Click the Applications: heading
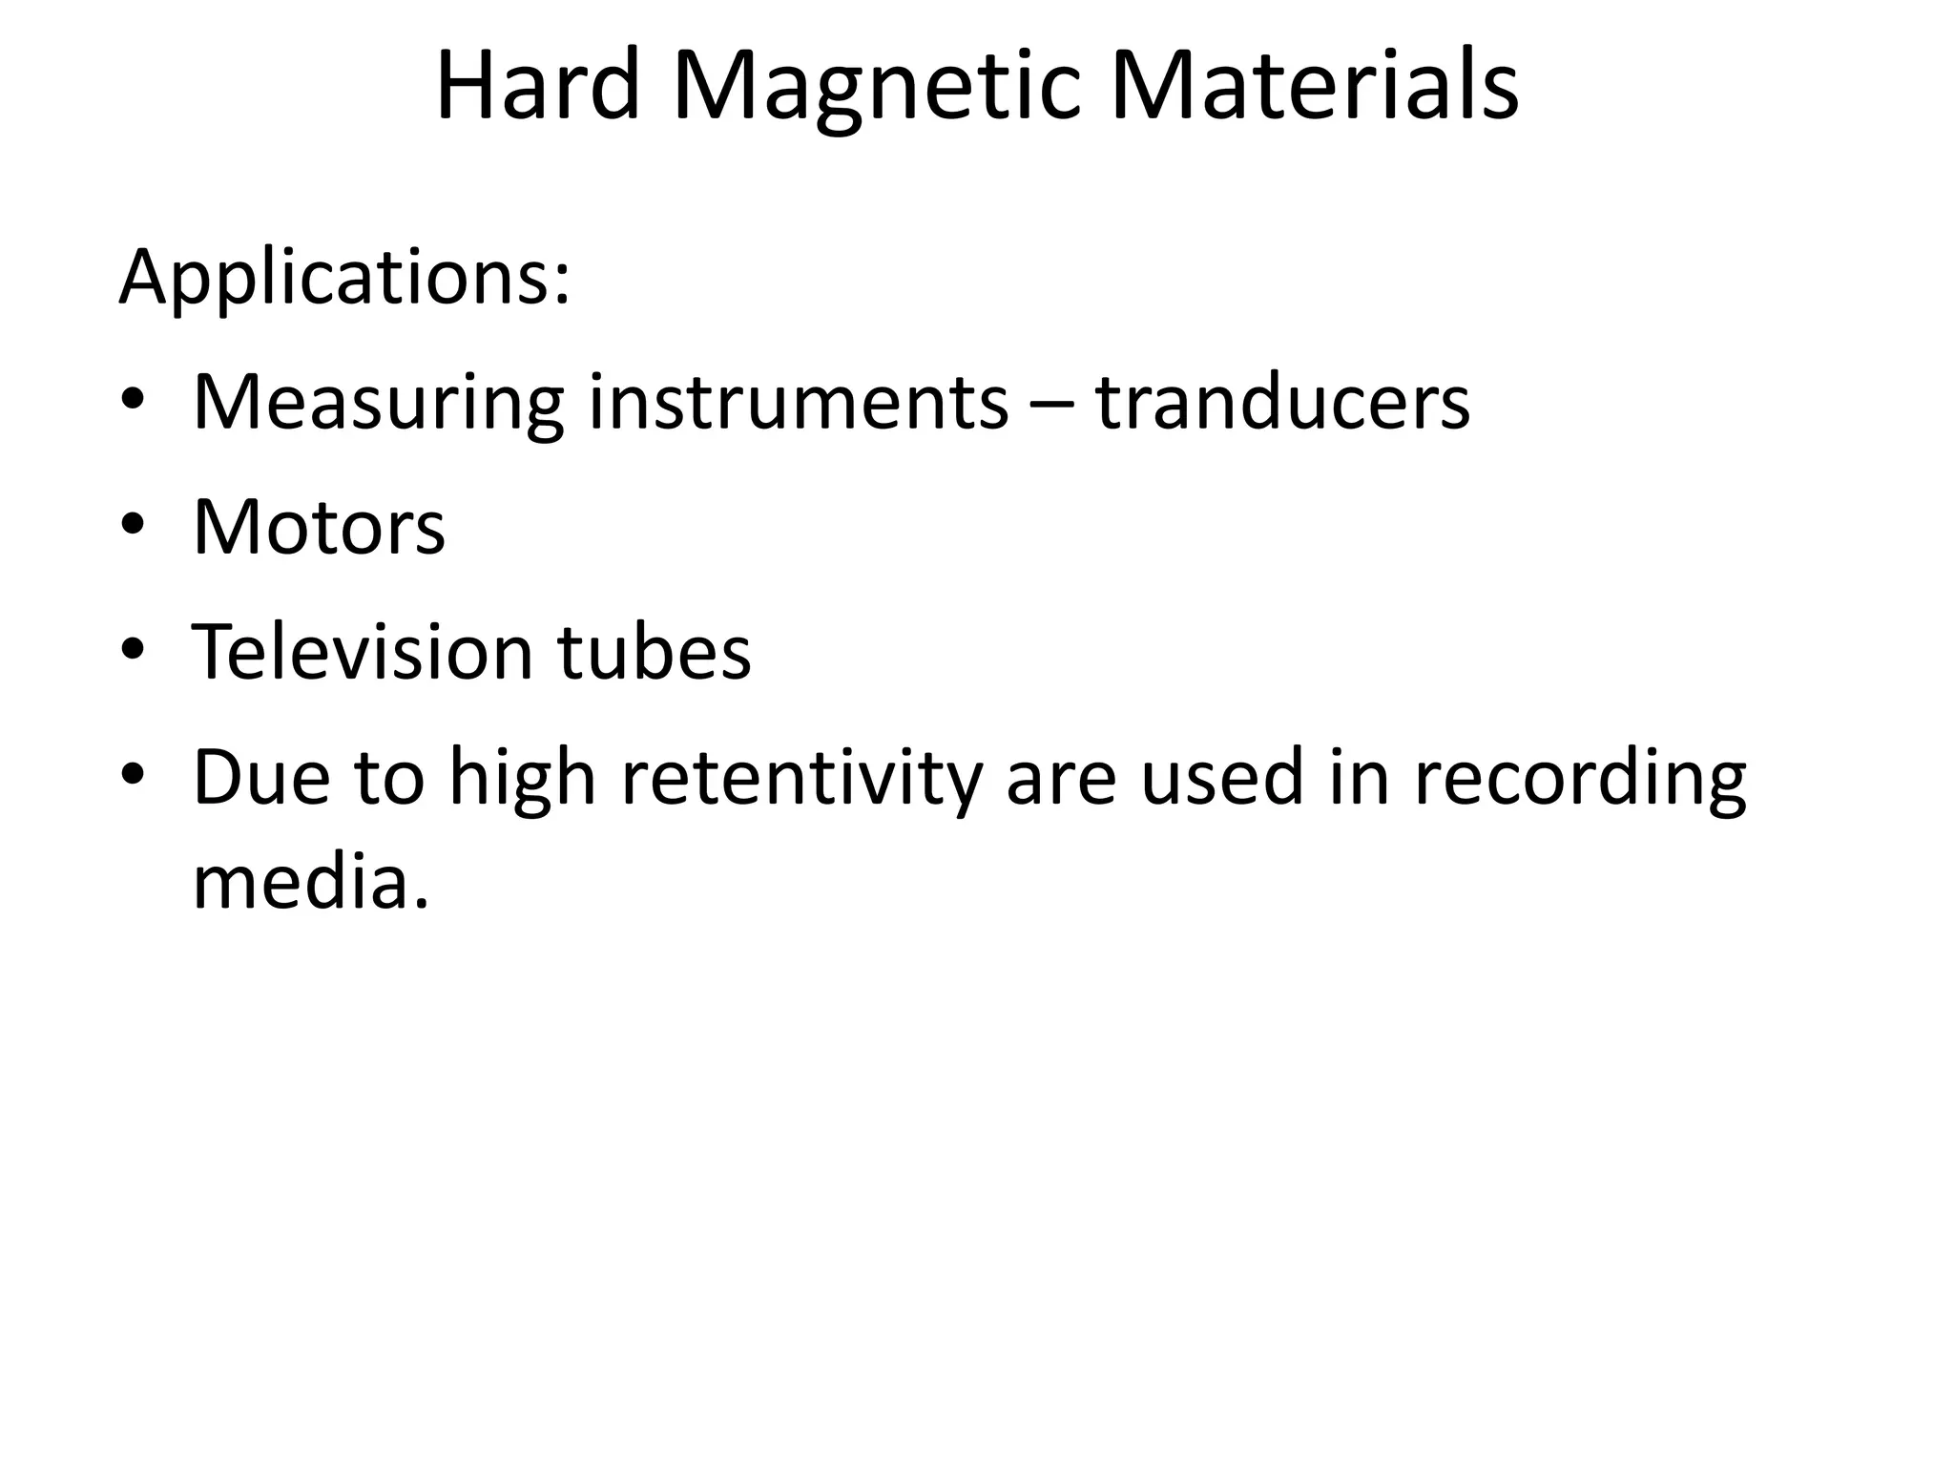[x=344, y=279]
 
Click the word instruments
[x=798, y=403]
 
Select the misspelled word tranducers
[x=1282, y=403]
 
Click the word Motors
[x=319, y=527]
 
